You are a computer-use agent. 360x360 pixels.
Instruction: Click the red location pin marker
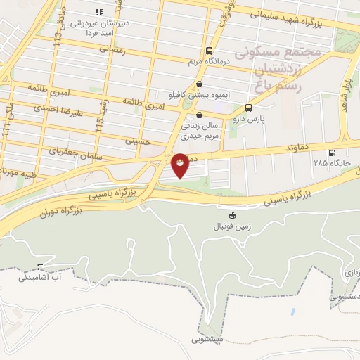[x=180, y=165]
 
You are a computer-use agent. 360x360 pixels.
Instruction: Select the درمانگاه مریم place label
[x=209, y=63]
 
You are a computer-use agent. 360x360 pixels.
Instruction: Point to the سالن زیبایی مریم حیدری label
[x=200, y=131]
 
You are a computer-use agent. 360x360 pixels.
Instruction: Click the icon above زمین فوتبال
[x=233, y=215]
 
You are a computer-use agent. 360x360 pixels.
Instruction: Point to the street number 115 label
[x=100, y=126]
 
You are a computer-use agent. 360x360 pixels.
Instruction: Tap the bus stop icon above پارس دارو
[x=248, y=108]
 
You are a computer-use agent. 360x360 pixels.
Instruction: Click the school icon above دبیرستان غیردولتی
[x=99, y=12]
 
